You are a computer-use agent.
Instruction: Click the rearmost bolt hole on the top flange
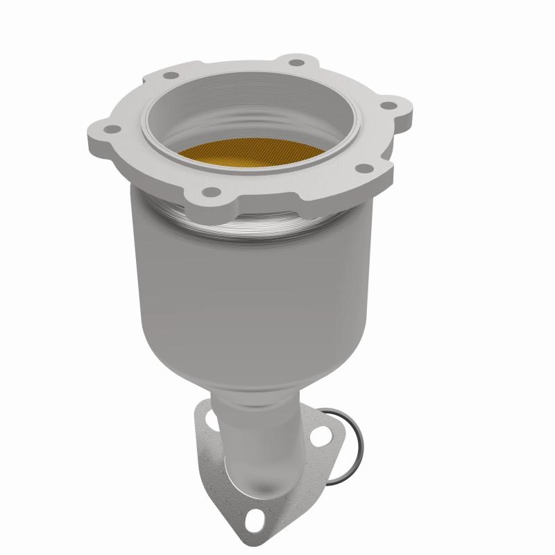[296, 63]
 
